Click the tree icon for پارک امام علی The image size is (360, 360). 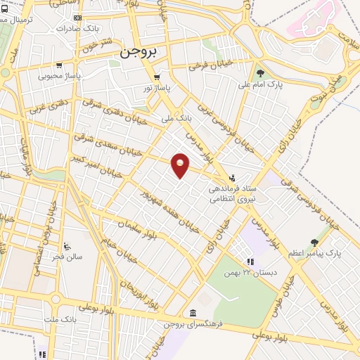click(x=260, y=72)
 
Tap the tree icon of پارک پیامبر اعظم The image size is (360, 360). click(x=314, y=243)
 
